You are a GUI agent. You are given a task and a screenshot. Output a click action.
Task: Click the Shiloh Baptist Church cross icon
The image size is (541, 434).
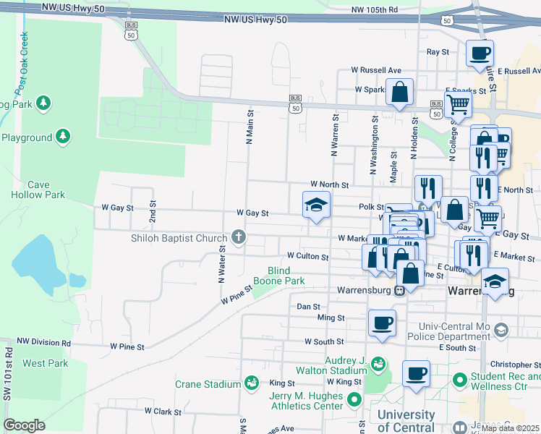coord(239,237)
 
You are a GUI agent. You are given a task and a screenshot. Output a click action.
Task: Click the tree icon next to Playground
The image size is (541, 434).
coord(63,137)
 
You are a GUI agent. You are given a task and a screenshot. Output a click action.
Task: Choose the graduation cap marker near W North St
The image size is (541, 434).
coord(315,205)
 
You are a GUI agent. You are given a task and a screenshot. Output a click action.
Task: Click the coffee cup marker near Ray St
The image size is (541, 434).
coord(480,54)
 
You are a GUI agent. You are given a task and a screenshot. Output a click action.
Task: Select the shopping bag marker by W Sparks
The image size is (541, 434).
coord(399,93)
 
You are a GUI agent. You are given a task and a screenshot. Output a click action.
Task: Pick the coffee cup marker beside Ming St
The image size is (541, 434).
coord(382,323)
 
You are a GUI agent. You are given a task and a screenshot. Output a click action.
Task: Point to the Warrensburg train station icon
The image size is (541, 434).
coord(399,291)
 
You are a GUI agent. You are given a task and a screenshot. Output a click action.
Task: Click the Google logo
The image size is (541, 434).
coord(24,425)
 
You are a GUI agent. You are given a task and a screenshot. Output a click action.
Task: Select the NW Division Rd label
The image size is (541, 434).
coord(44,342)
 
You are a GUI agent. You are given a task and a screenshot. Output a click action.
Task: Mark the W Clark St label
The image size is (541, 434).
coord(162,411)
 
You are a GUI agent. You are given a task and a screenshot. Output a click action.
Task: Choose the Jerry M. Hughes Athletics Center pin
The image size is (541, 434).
coord(354,399)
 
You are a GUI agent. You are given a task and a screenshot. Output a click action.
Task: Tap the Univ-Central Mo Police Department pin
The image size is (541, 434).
coord(503,330)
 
